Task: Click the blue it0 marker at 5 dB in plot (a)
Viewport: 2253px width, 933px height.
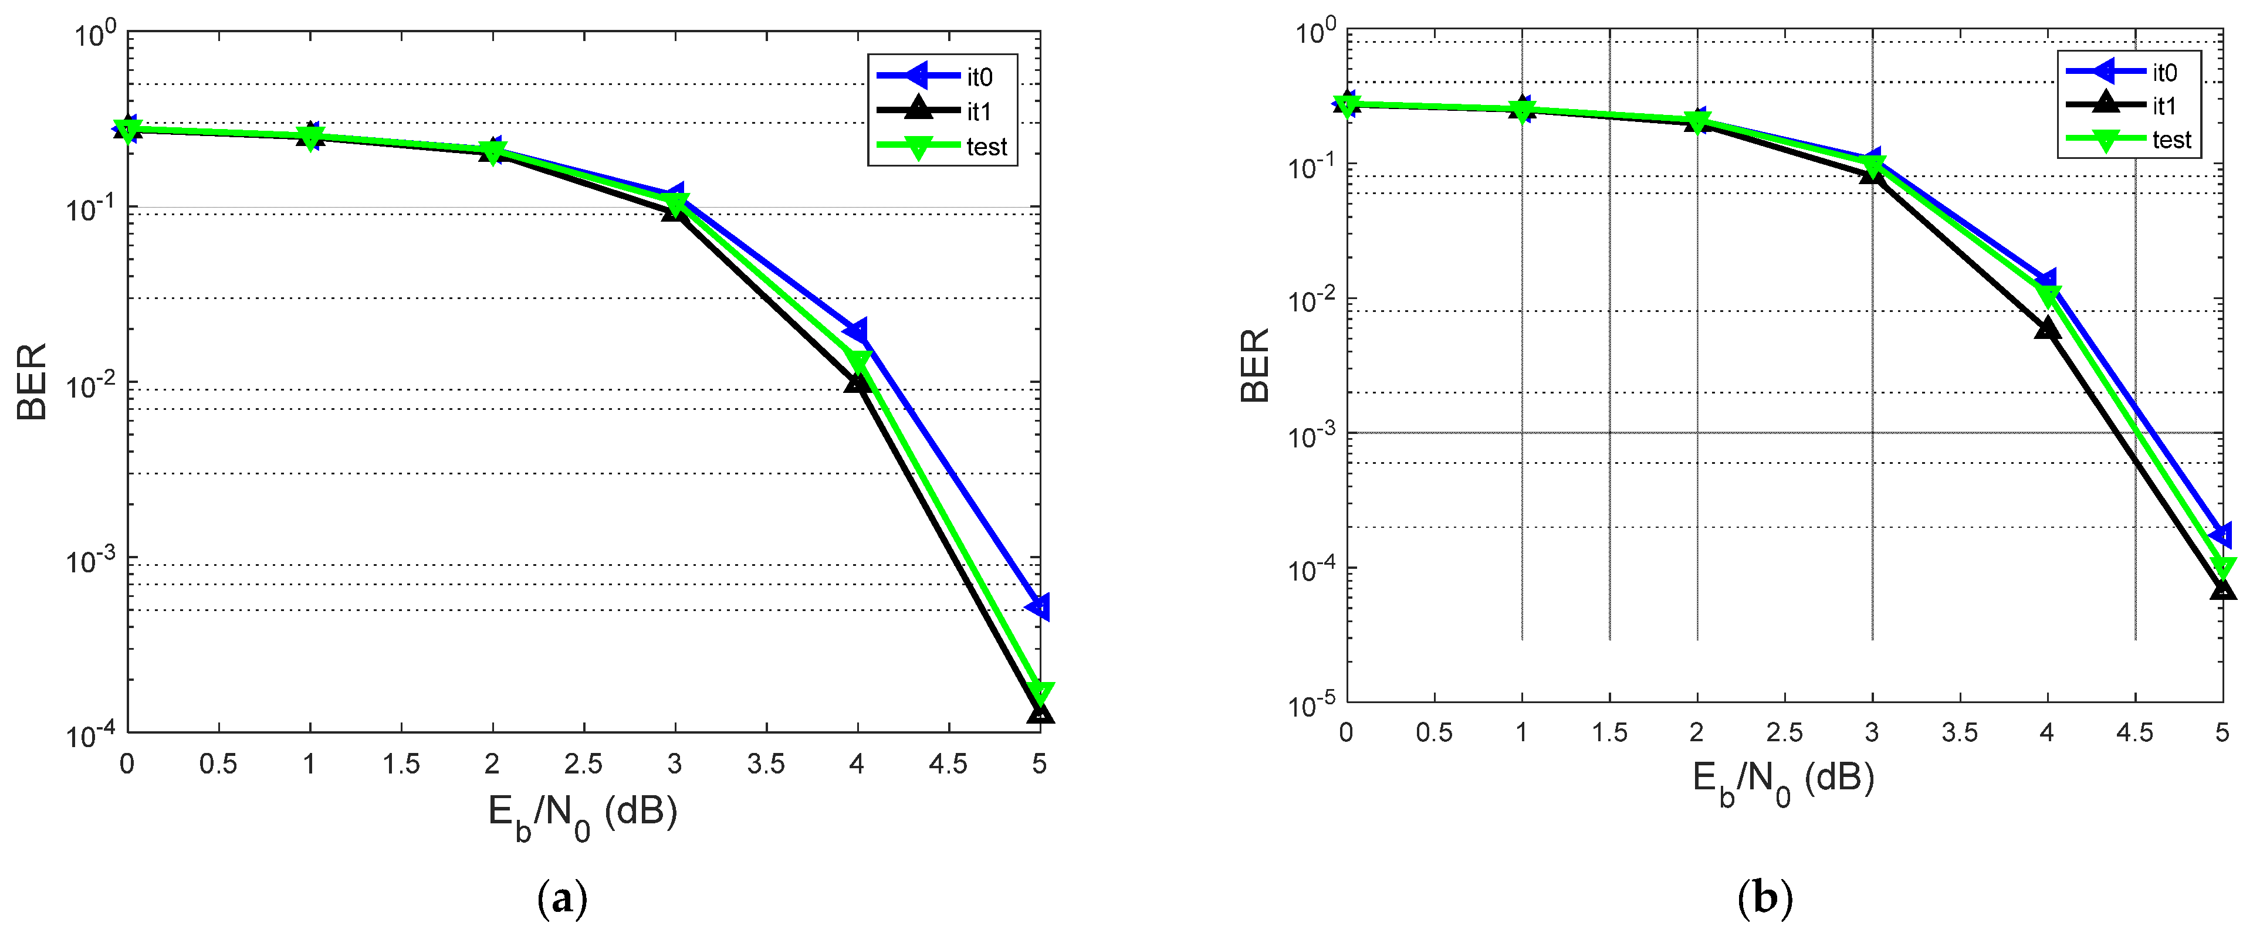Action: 1038,606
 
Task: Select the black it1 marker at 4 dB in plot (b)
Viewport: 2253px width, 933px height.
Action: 2046,329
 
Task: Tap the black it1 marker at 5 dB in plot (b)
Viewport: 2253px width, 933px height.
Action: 2222,590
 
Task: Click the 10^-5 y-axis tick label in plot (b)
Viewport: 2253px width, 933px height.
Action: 1312,704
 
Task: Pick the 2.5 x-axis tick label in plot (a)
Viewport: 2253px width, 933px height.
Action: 583,764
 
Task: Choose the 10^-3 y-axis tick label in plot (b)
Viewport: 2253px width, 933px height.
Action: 1312,435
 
